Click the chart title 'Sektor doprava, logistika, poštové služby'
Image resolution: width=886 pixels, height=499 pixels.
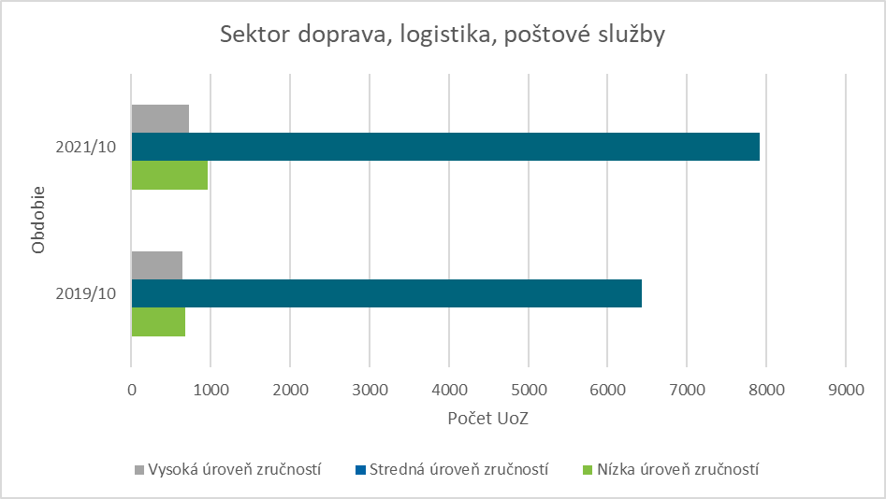point(443,36)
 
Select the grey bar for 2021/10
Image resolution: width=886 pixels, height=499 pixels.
point(160,119)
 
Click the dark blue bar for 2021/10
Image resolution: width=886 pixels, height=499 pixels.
point(444,147)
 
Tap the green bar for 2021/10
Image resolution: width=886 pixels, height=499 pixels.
point(169,176)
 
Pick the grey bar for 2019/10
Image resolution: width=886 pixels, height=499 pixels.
point(156,265)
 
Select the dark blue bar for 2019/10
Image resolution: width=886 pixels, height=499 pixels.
point(385,293)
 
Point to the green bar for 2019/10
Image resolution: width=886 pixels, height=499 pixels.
point(158,321)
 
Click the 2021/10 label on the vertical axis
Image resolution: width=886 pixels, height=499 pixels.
point(85,148)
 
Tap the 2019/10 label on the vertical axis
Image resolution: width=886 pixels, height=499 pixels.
point(85,293)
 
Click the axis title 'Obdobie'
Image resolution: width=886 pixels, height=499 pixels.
point(38,221)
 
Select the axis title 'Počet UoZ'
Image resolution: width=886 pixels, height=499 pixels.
point(487,419)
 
